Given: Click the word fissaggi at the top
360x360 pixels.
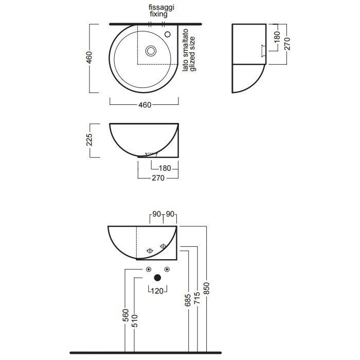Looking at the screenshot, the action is point(161,8).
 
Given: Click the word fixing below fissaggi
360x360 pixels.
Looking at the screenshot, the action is point(158,14).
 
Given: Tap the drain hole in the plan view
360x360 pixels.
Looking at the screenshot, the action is point(151,51).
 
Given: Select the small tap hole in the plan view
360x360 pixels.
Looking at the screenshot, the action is point(168,34).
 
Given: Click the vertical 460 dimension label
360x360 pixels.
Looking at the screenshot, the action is point(89,58).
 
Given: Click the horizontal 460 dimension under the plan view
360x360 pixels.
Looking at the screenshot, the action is point(145,105).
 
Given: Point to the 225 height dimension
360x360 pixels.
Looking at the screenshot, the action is point(89,139).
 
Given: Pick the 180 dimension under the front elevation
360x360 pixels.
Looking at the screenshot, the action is point(165,168).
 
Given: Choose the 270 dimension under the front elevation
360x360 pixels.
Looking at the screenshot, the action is point(158,178).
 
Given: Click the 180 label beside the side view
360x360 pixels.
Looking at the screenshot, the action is point(277,37).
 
